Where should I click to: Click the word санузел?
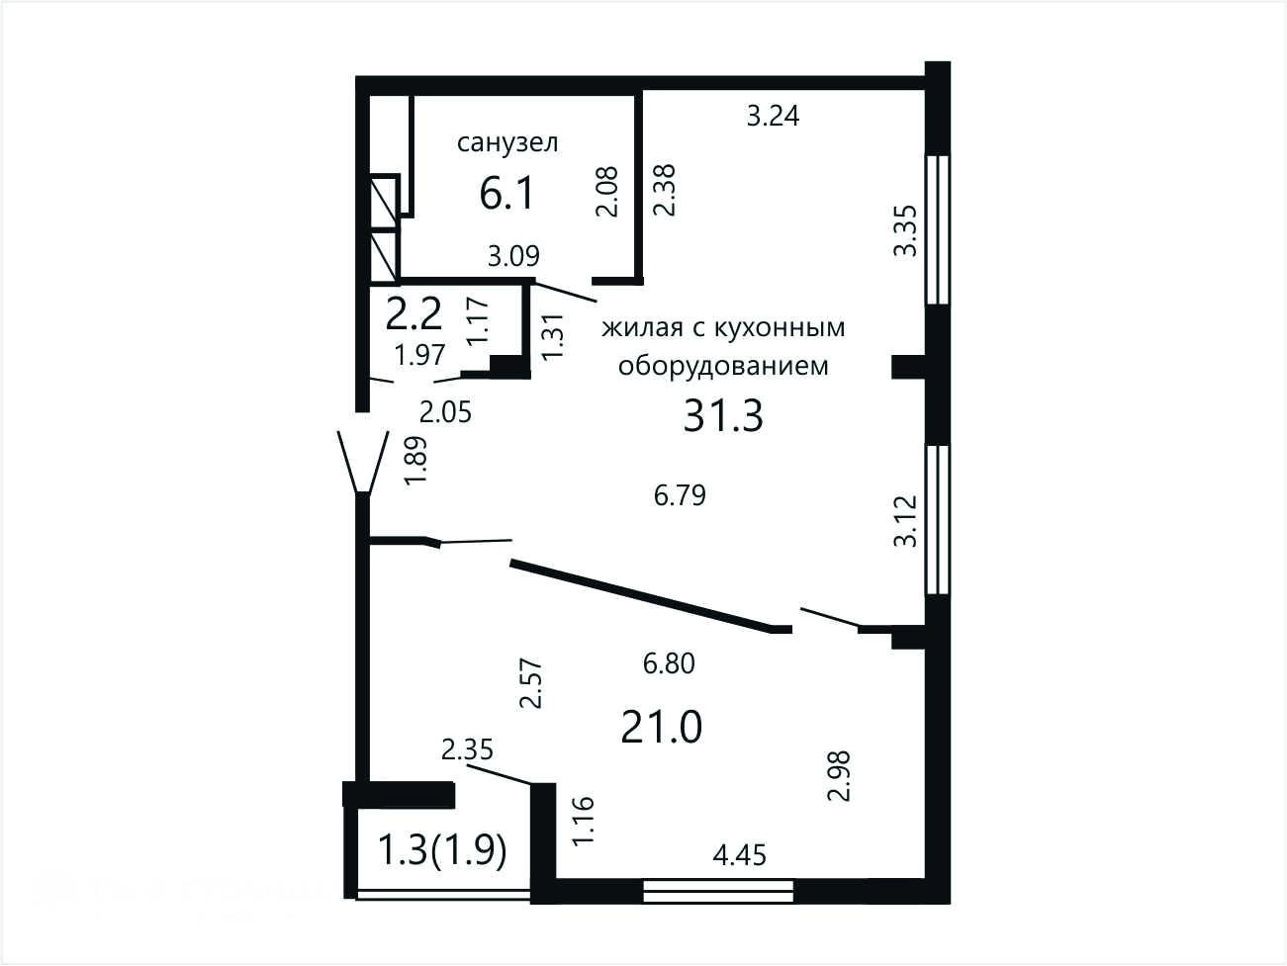click(x=507, y=143)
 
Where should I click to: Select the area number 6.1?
click(x=506, y=194)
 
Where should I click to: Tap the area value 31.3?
click(x=723, y=415)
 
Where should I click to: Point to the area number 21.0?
click(x=661, y=727)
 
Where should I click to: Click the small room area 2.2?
click(x=414, y=314)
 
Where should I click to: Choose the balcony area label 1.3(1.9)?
click(x=442, y=850)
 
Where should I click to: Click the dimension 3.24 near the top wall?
click(x=773, y=116)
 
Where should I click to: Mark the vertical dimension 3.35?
click(x=905, y=230)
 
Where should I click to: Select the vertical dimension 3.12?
click(x=905, y=521)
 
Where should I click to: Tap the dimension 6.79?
click(x=680, y=495)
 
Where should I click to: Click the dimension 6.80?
click(x=669, y=663)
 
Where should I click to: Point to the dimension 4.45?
click(x=739, y=855)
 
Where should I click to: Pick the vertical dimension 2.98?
click(x=838, y=776)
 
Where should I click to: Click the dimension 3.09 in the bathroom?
click(x=513, y=256)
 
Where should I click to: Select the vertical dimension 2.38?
click(x=665, y=191)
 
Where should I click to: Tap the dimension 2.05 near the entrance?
click(x=445, y=413)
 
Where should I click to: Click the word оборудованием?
click(x=723, y=366)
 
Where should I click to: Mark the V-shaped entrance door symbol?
click(x=363, y=462)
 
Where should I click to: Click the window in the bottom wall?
click(x=717, y=892)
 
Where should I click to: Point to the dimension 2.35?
click(x=467, y=749)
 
